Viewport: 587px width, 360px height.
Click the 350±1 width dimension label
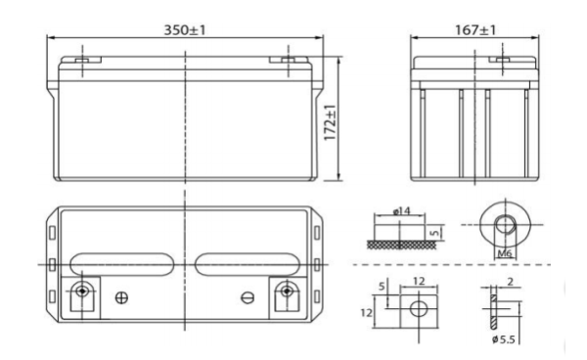183,29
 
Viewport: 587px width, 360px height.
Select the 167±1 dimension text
477,29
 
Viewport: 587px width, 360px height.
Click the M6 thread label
506,252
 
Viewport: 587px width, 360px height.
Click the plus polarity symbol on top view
122,296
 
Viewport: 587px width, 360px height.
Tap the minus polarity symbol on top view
248,296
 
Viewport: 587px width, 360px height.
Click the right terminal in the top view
287,292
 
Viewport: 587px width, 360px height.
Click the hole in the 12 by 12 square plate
417,309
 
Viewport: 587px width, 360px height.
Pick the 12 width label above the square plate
417,280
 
